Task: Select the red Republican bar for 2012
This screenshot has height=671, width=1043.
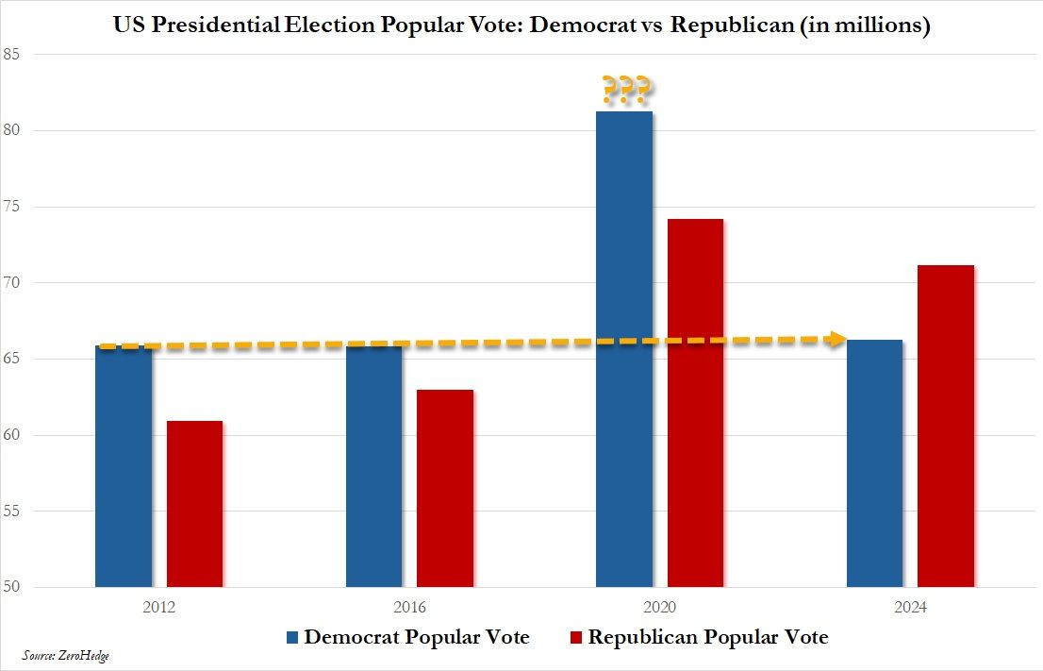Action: [194, 504]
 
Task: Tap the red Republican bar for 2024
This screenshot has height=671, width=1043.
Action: [945, 426]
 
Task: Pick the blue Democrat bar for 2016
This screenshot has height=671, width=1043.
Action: [373, 466]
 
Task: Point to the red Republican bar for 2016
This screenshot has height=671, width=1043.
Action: [445, 488]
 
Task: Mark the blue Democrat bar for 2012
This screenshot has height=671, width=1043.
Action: [124, 466]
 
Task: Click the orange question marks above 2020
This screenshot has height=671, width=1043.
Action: [624, 91]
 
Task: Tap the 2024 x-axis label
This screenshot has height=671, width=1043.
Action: [910, 609]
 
